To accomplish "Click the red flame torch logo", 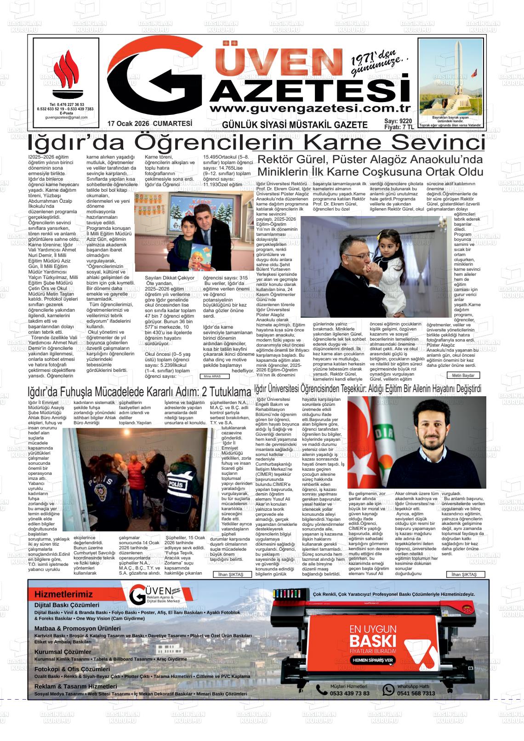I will [x=66, y=73].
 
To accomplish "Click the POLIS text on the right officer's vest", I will [x=175, y=484].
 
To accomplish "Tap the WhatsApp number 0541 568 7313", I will [x=416, y=693].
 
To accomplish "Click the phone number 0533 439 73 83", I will [x=350, y=693].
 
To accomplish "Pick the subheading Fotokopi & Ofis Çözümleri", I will [x=72, y=669].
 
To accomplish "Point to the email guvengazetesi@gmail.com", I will [x=66, y=118].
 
